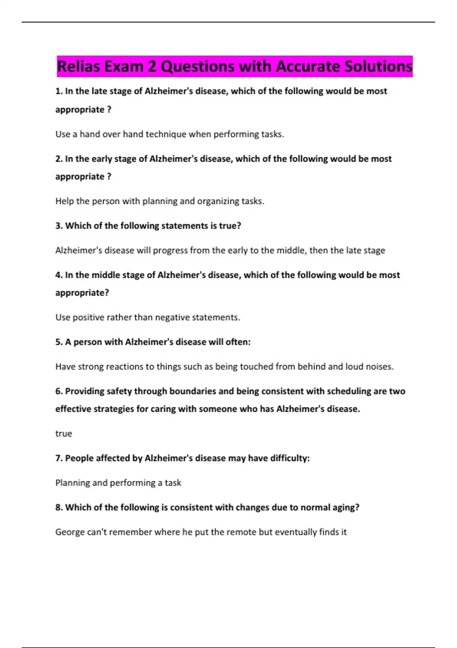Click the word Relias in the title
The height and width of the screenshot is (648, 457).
[x=78, y=67]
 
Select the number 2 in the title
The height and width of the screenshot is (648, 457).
[x=152, y=67]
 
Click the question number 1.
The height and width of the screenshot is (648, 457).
[x=59, y=91]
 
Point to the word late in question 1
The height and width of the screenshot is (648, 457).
[x=99, y=91]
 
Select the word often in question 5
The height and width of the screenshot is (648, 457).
[x=237, y=342]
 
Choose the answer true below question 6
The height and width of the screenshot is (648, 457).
[x=64, y=434]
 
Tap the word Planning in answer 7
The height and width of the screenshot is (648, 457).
[x=72, y=483]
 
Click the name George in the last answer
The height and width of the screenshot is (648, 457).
[x=70, y=532]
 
